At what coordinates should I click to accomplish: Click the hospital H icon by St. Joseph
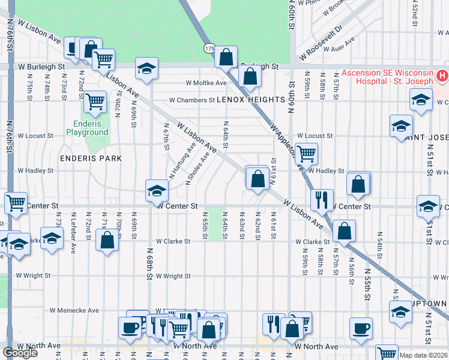(442, 76)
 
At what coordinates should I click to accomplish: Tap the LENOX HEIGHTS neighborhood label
(250, 100)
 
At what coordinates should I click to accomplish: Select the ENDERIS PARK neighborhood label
(91, 158)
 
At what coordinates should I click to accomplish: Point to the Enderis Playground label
(87, 128)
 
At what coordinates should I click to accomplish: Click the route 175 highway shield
(209, 47)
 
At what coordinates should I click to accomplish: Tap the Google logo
(20, 353)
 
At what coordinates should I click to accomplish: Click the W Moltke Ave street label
(206, 83)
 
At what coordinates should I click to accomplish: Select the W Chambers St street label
(191, 100)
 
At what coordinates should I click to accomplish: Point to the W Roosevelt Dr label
(322, 36)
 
